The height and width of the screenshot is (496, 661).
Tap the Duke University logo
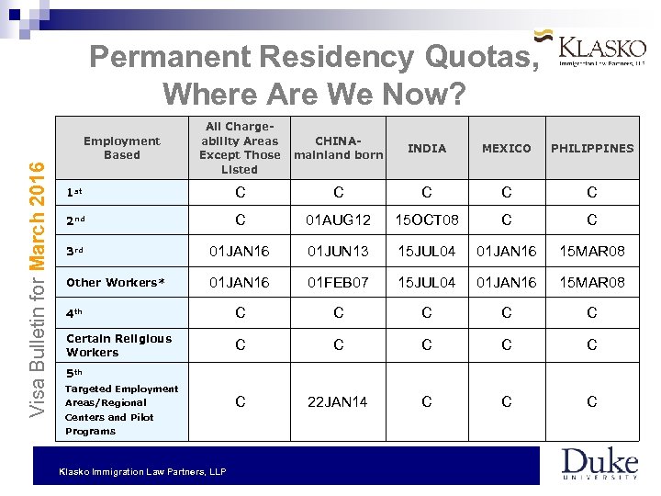[x=599, y=464]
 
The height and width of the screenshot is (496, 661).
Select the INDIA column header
[x=427, y=148]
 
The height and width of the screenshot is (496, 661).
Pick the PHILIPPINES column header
[x=592, y=148]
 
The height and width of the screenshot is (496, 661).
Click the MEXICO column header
[x=507, y=148]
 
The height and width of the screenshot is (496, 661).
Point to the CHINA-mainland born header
[x=339, y=148]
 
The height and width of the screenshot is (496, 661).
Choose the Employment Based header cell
[x=122, y=148]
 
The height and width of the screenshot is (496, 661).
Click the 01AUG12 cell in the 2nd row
[x=339, y=220]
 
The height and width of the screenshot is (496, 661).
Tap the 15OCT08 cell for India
[x=427, y=220]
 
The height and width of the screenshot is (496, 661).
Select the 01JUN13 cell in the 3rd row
[x=339, y=252]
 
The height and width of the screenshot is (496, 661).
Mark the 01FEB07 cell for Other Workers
[x=339, y=282]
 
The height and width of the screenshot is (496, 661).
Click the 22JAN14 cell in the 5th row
[x=339, y=401]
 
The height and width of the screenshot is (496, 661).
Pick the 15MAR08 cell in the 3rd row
[x=592, y=252]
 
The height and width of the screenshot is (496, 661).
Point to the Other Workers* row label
[x=115, y=282]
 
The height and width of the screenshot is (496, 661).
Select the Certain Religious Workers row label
[x=118, y=345]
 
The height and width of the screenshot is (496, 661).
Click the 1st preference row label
[x=75, y=193]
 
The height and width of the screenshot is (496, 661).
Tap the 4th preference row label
[x=75, y=313]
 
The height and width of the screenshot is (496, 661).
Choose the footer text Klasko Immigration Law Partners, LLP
[x=141, y=471]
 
